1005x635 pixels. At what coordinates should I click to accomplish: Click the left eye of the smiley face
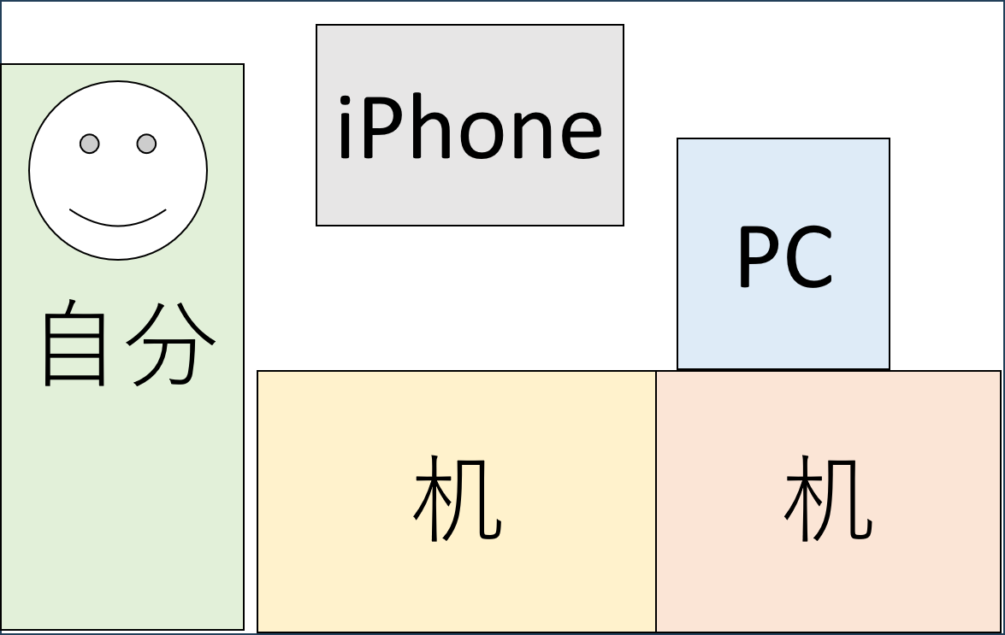90,144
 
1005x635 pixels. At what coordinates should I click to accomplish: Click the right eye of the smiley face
147,144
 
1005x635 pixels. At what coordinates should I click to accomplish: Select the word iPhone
470,126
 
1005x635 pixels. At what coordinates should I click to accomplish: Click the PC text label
785,256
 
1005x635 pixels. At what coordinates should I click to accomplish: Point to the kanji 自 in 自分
74,343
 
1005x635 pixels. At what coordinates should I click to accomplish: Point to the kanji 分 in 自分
170,344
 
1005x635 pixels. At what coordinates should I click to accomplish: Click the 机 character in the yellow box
458,498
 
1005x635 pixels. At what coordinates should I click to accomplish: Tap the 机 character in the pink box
828,498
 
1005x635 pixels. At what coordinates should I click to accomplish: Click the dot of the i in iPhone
344,100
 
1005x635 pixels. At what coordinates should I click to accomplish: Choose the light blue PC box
783,254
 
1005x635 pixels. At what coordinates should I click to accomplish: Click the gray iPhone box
470,126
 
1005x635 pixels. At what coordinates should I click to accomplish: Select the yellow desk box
457,501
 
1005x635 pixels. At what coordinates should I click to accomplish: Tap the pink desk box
828,501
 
